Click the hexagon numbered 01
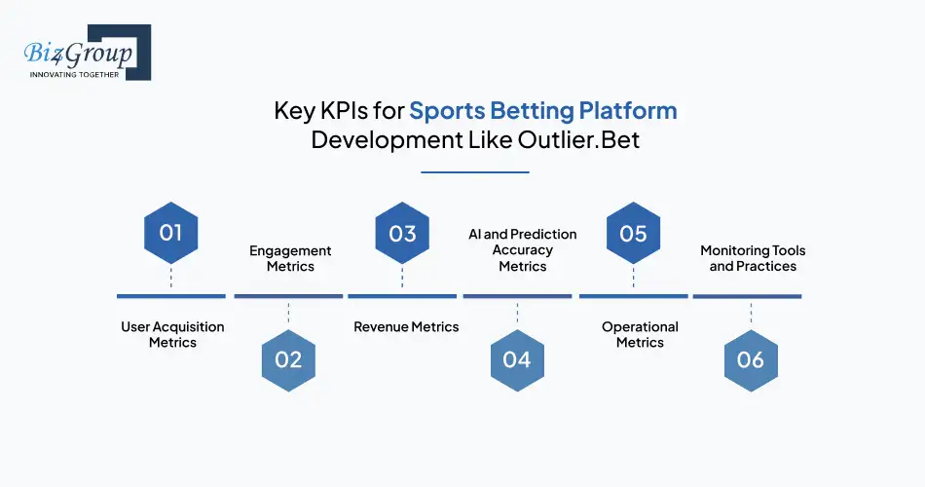point(171,233)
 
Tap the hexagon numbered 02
point(288,360)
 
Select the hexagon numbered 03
point(402,233)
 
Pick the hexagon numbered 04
point(517,360)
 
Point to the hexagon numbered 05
point(634,233)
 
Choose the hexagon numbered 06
point(751,360)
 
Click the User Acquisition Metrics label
point(172,335)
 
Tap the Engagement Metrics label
point(290,258)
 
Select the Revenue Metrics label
point(406,327)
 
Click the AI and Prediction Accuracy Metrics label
point(523,250)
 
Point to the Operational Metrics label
point(640,335)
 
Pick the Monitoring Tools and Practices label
point(753,258)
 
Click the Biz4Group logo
point(88,52)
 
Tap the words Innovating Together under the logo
point(74,75)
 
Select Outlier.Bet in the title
point(578,140)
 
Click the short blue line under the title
point(475,172)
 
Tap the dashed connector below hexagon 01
point(171,277)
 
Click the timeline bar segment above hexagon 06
point(747,296)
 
